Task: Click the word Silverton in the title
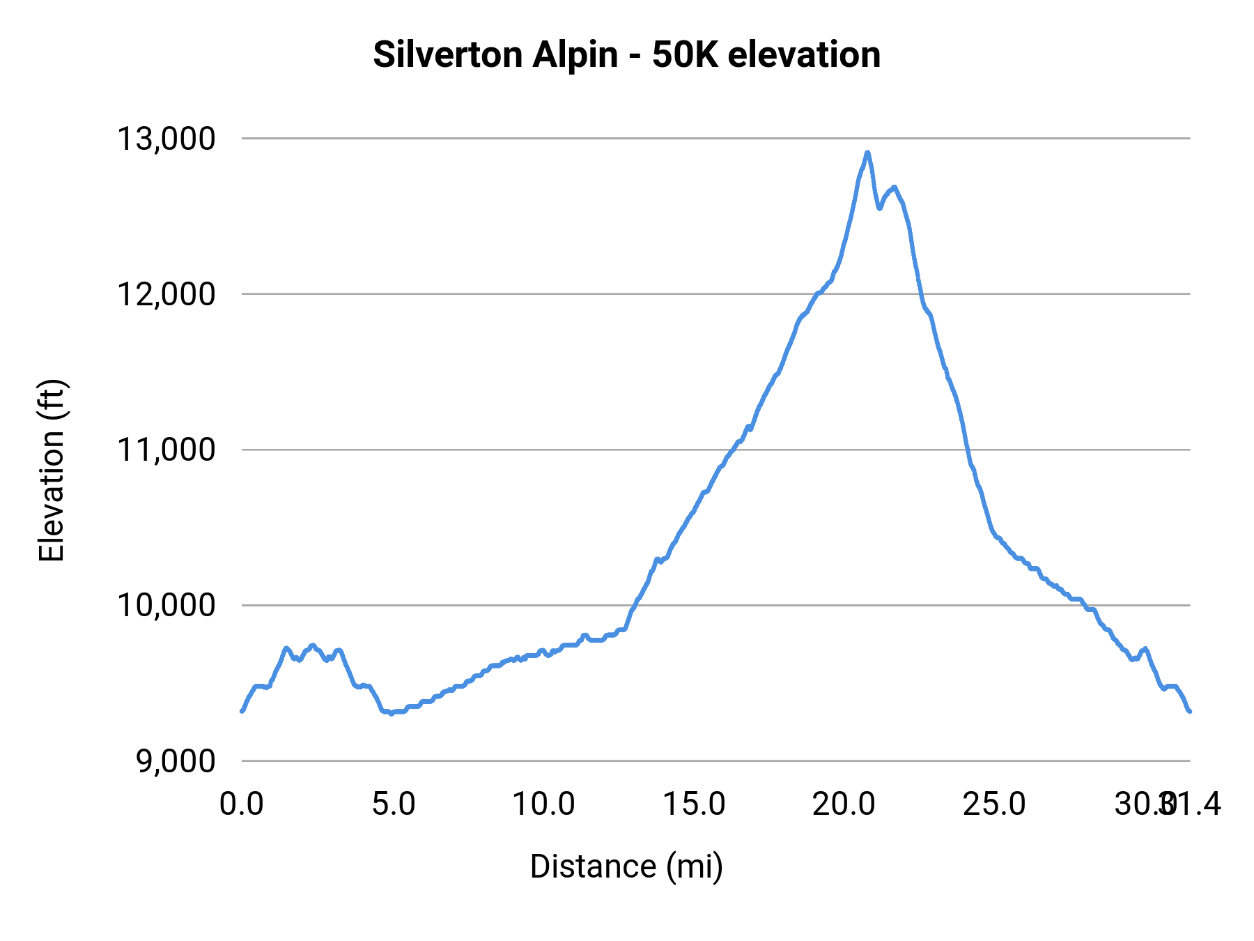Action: (x=449, y=54)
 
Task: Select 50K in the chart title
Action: (x=684, y=54)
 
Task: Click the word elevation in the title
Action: (x=804, y=54)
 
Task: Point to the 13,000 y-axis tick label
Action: (x=167, y=139)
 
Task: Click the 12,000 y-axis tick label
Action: (x=167, y=294)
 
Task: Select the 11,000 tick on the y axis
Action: (x=167, y=450)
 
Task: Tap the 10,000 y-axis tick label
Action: (x=167, y=605)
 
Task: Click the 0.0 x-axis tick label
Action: (x=241, y=804)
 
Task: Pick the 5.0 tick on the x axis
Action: (x=393, y=804)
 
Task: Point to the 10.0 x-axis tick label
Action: (x=543, y=804)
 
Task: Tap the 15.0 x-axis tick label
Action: (x=694, y=804)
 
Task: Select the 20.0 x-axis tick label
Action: (x=844, y=804)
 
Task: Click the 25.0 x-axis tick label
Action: (x=994, y=804)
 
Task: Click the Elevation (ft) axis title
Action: (x=52, y=470)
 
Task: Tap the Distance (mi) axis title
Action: (x=626, y=866)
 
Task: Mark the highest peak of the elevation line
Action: (x=867, y=152)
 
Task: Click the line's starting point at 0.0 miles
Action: (x=242, y=711)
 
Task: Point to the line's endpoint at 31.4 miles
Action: (x=1190, y=711)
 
